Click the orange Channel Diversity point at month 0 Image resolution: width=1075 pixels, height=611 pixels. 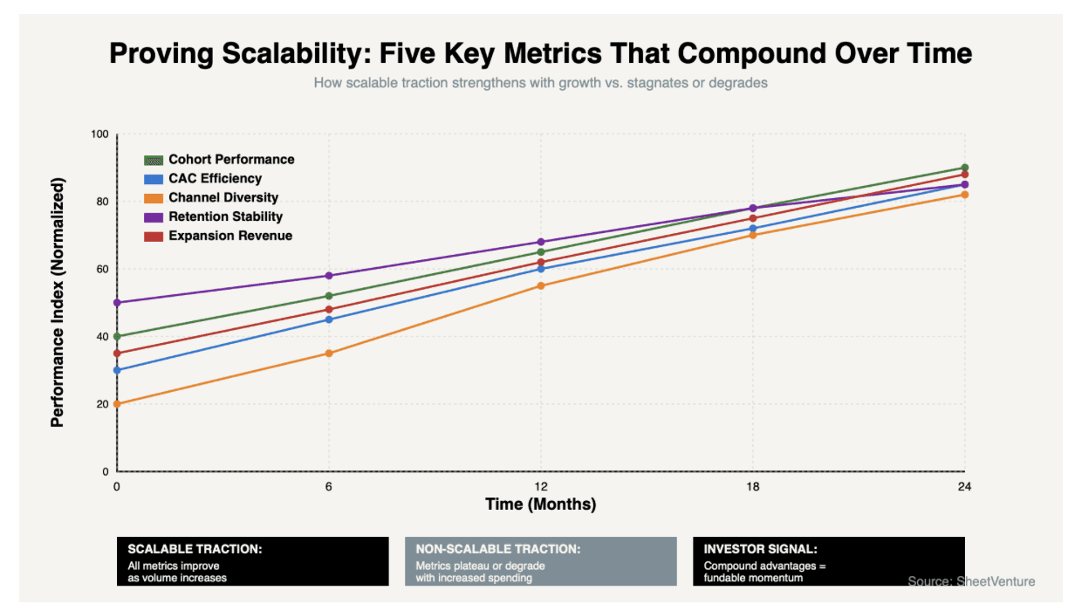pyautogui.click(x=117, y=404)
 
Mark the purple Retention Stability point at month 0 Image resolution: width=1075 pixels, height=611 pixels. pyautogui.click(x=117, y=303)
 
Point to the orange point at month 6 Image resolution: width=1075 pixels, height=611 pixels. pyautogui.click(x=329, y=354)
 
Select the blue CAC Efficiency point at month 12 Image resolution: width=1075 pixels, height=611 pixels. pyautogui.click(x=541, y=269)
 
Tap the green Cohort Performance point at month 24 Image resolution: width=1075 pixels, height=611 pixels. pyautogui.click(x=964, y=168)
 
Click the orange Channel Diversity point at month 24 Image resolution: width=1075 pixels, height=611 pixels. pyautogui.click(x=964, y=195)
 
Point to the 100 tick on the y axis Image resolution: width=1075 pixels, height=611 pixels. pyautogui.click(x=99, y=134)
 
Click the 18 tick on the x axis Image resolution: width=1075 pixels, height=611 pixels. pyautogui.click(x=752, y=486)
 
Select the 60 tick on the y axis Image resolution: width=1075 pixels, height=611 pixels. pyautogui.click(x=101, y=269)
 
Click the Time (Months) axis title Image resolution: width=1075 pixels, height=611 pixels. pyautogui.click(x=540, y=505)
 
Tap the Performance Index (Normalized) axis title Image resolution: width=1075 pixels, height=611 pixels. pyautogui.click(x=58, y=302)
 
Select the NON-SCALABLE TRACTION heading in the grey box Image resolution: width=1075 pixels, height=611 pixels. pyautogui.click(x=498, y=549)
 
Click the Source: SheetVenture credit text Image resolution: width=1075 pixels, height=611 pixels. pyautogui.click(x=971, y=581)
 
